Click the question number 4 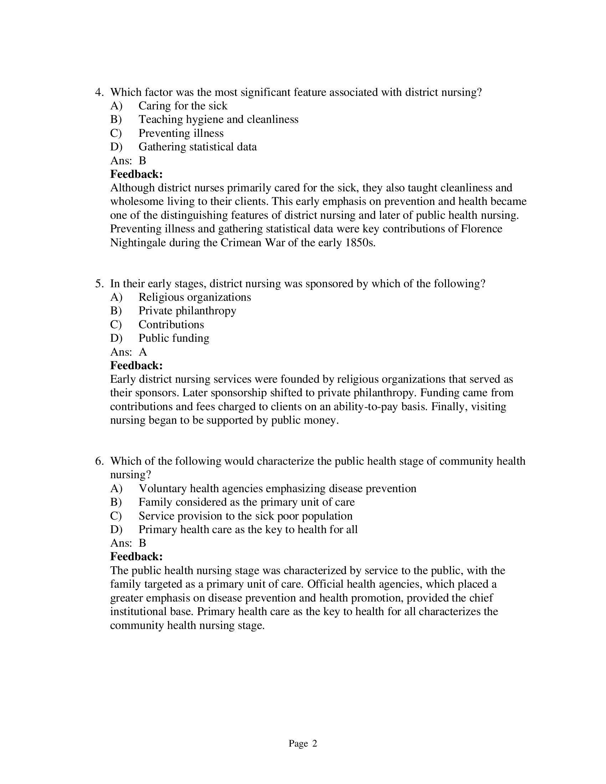pos(98,93)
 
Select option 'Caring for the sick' pos(183,106)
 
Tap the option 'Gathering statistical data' pos(197,147)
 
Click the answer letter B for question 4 pos(143,160)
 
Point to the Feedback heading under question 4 pos(137,174)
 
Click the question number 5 pos(98,284)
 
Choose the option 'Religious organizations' pos(195,297)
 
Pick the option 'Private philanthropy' pos(187,311)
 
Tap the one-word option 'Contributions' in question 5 pos(171,325)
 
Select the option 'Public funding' pos(174,338)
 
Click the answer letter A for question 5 pos(143,352)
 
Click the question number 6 pos(98,461)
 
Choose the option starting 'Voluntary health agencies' pos(277,489)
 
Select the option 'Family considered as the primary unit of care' pos(246,502)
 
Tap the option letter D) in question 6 pos(116,530)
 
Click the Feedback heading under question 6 pos(137,557)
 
